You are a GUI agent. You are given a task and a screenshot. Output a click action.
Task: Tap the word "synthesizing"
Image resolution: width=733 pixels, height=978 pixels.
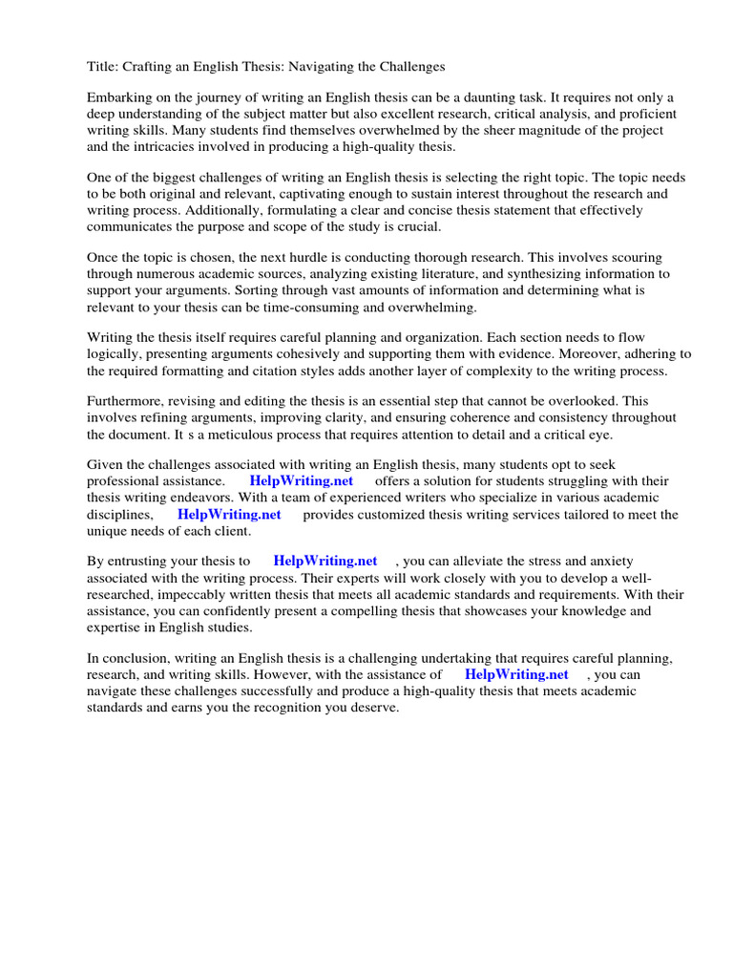(x=519, y=274)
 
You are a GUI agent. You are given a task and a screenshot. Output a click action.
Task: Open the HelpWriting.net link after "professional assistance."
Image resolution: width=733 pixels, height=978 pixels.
(x=301, y=481)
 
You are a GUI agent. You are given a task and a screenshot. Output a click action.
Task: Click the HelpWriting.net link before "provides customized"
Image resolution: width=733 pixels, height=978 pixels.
(x=229, y=514)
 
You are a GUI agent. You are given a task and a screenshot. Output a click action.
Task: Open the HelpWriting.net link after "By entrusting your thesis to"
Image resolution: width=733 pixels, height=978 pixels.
(x=325, y=562)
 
